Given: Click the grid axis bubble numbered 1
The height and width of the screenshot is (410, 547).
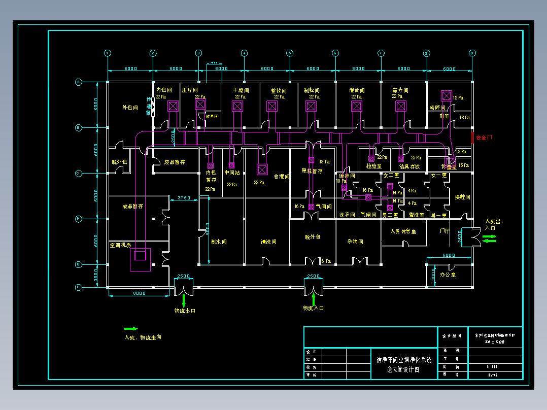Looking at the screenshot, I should pos(108,53).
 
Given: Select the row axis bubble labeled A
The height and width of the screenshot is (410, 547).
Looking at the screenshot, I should pos(79,82).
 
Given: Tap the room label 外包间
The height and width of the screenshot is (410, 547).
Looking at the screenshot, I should pos(130,108).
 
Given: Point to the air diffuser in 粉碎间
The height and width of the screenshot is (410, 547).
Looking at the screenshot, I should pos(447,95).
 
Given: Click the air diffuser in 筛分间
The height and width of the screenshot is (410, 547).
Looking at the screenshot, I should pos(401,106).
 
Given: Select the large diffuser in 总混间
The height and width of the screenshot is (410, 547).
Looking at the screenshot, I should pos(262,169).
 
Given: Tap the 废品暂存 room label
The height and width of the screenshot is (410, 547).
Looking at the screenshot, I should pos(174,162).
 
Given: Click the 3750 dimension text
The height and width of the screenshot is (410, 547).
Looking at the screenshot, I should pos(183,198).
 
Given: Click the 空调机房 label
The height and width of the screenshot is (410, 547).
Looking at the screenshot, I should pos(121,245).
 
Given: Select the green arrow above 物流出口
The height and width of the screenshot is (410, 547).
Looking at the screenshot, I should pos(184,299).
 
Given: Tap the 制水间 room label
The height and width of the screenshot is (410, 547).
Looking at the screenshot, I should pos(219,242).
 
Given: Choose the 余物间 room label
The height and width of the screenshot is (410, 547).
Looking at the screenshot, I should pos(355,242).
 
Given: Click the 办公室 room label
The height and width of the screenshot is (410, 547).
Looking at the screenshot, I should pos(448,274).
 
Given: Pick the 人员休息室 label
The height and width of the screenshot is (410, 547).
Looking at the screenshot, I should pos(403,231).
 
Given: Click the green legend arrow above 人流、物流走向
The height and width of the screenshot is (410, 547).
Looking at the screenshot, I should pos(131,329).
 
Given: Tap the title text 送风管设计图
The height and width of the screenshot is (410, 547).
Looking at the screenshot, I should pos(403,370).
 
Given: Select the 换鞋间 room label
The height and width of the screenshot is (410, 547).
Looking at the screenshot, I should pos(462,197).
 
